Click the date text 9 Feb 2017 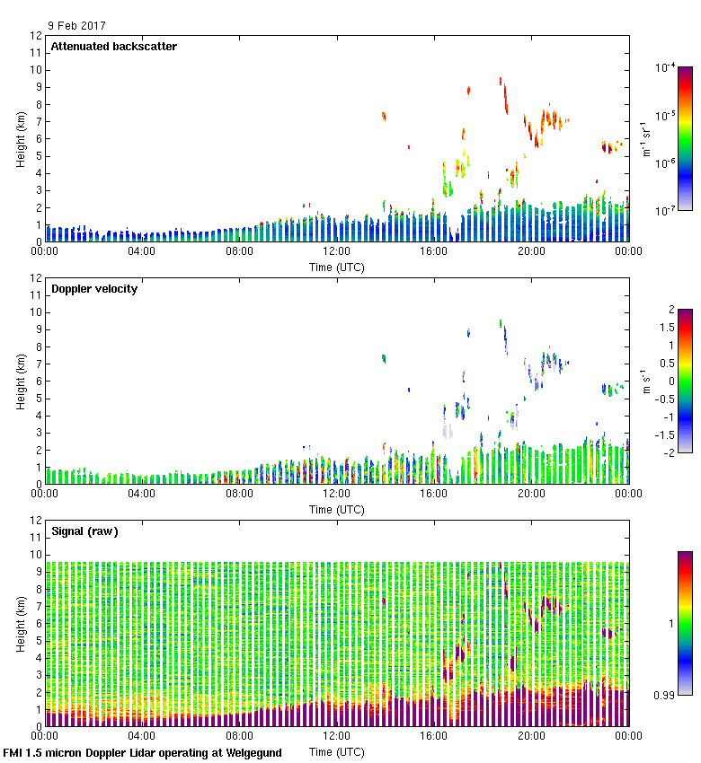point(76,27)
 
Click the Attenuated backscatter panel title point(113,47)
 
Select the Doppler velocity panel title point(93,289)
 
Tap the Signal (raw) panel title point(84,531)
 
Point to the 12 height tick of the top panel point(37,36)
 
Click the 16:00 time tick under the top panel point(434,251)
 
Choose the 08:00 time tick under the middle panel point(239,493)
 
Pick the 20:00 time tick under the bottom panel point(531,735)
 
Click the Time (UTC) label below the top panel point(337,267)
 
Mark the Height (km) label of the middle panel point(21,381)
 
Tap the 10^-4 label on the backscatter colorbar point(666,67)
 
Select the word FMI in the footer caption point(14,752)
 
